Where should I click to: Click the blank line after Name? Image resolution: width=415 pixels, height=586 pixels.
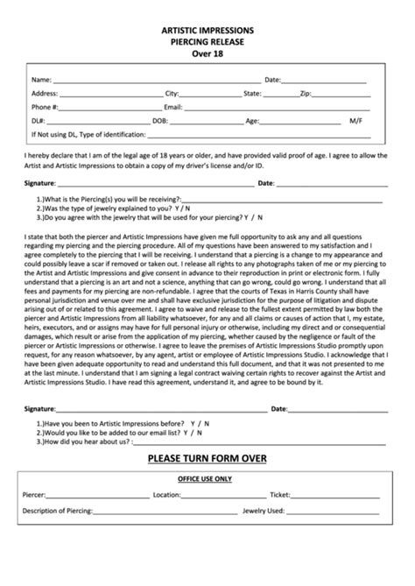[149, 80]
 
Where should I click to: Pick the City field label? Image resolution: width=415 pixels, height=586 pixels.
[172, 93]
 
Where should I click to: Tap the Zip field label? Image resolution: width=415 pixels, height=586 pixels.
[306, 93]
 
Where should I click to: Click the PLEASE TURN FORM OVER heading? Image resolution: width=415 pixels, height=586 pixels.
[207, 458]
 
